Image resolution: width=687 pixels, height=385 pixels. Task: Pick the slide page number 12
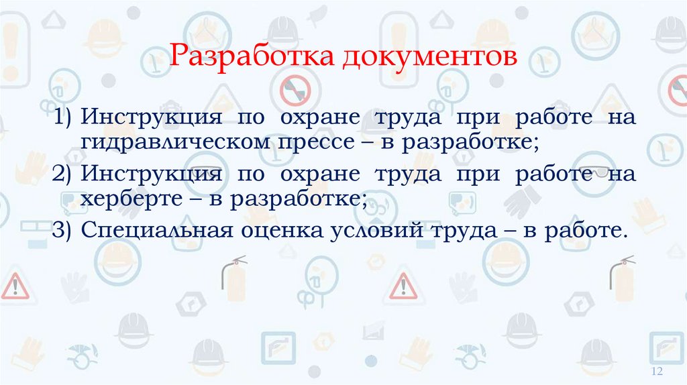[x=657, y=372]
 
